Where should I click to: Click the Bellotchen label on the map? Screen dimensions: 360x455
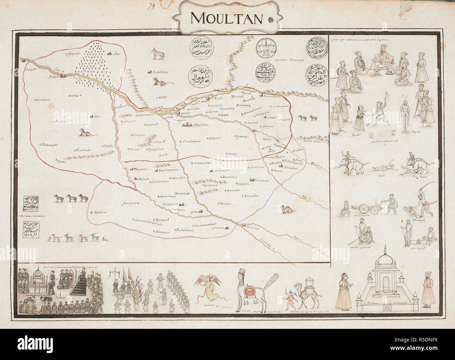coord(161,72)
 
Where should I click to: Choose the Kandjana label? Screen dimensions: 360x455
coord(43,100)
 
